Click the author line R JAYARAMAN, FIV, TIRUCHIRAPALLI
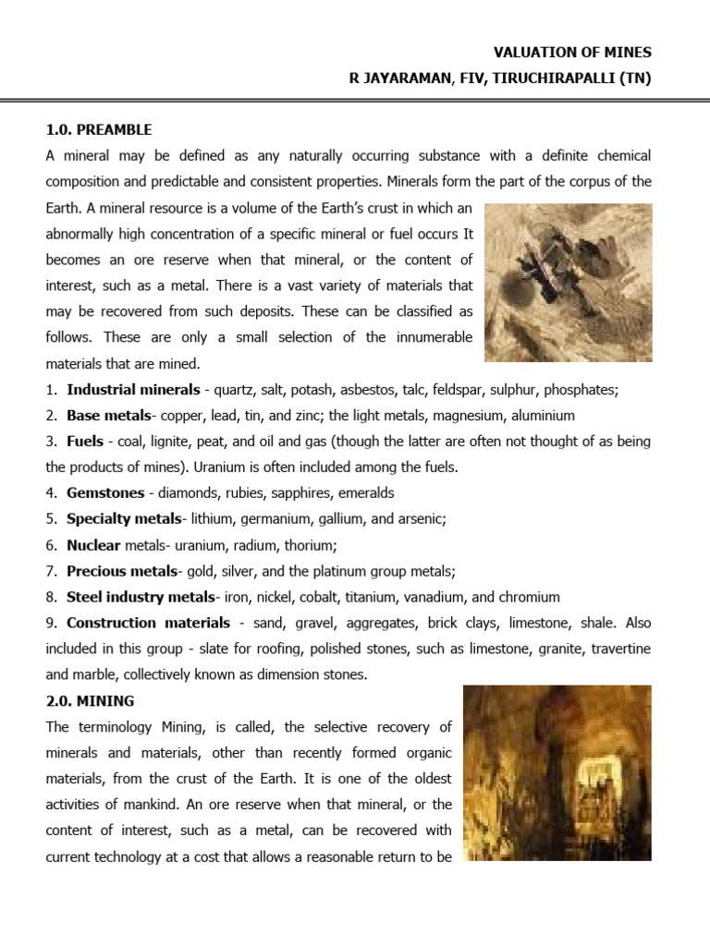click(499, 79)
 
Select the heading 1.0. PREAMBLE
click(99, 130)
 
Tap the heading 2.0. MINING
click(90, 701)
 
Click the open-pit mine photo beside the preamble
click(568, 282)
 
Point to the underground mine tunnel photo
click(557, 772)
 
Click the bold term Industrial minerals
click(133, 390)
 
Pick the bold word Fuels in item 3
click(84, 442)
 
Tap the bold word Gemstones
click(105, 493)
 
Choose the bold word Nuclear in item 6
click(93, 545)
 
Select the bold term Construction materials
click(148, 623)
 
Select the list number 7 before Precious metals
click(51, 571)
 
